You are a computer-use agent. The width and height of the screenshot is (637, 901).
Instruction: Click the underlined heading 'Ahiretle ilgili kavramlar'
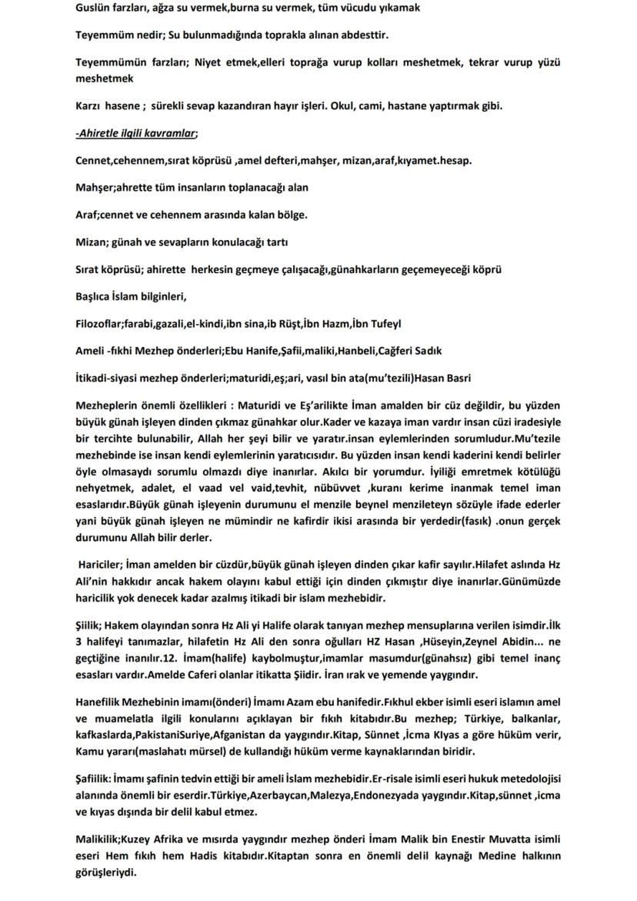136,133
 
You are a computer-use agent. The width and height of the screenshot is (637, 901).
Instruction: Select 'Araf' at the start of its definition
88,215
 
